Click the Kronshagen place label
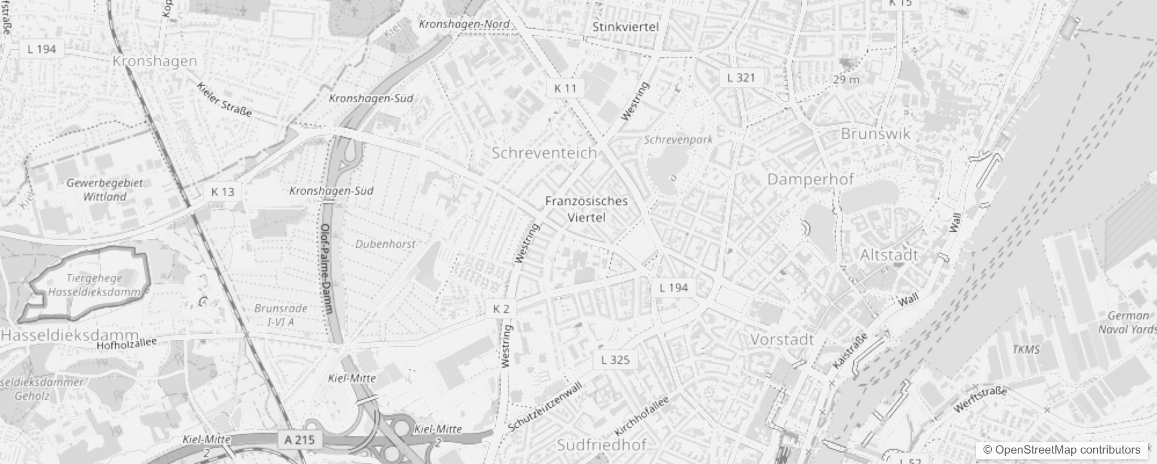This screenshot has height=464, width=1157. coord(154,61)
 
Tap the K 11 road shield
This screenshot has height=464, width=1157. coord(565,88)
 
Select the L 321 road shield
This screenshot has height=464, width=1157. coord(741,78)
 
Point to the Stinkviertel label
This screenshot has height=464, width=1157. coord(625,27)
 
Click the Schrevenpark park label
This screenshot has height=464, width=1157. coord(678,140)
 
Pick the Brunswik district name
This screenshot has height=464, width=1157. coord(875,134)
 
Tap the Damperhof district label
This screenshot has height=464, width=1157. coord(810,179)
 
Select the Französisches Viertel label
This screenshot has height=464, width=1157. coord(587,209)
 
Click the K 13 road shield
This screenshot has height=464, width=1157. coord(223,192)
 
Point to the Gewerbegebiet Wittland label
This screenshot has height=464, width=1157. coord(104,190)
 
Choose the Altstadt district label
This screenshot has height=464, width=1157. coord(889,255)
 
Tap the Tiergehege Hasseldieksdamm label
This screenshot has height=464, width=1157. coord(94,285)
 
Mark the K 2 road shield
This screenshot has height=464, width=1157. coord(501,309)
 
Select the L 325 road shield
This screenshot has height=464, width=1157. coord(615,360)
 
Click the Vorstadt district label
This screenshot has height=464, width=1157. coord(782,339)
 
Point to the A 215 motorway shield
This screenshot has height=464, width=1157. coord(300,440)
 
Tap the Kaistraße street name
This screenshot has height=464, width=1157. coord(850,351)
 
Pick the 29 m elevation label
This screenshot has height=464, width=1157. coord(846,79)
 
